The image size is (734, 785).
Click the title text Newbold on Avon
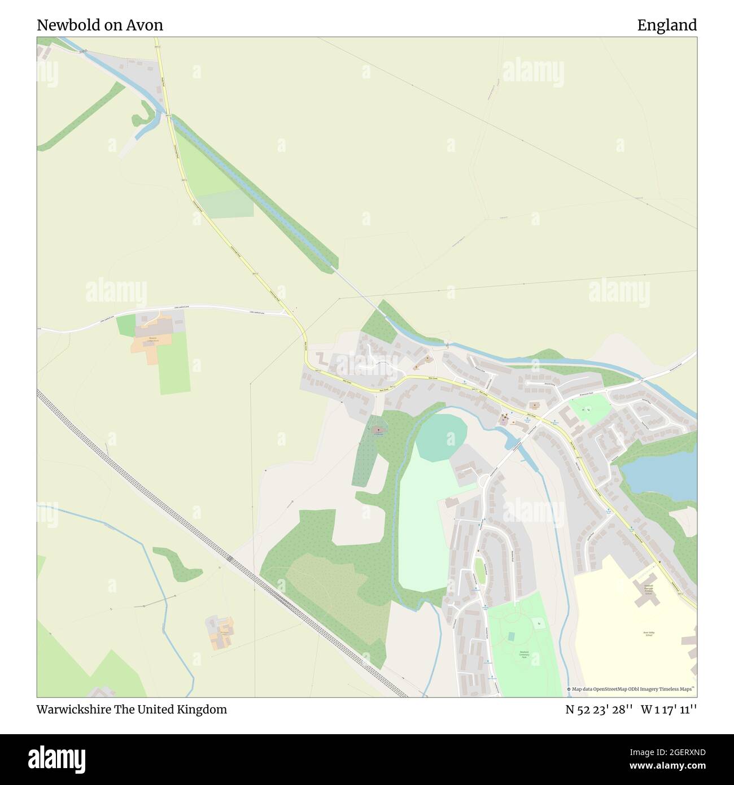click(x=100, y=25)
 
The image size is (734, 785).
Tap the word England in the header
click(x=667, y=25)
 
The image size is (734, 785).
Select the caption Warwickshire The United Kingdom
click(x=132, y=709)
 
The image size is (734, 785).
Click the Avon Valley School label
click(x=649, y=635)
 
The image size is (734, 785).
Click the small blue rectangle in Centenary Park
click(x=511, y=636)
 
